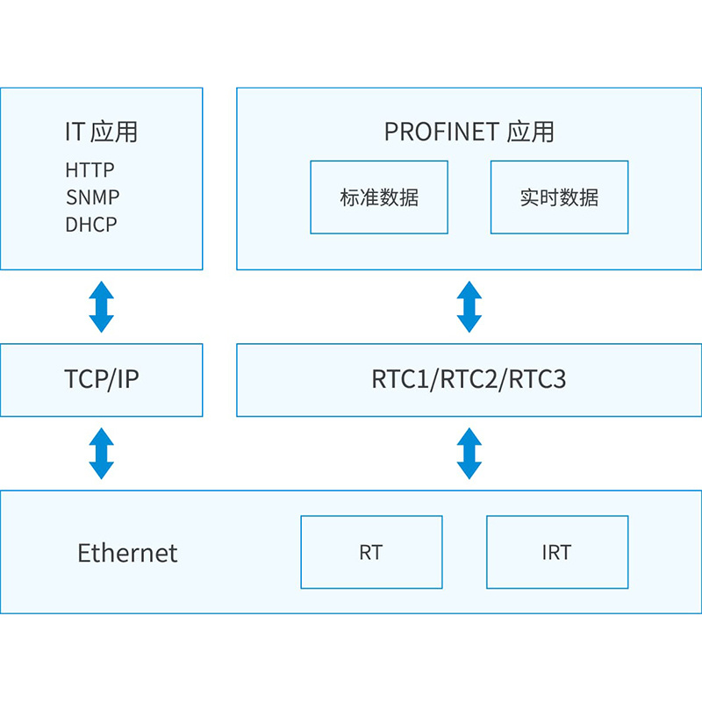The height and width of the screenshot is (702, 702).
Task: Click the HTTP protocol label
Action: click(90, 170)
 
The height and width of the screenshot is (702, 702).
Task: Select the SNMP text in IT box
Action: click(93, 197)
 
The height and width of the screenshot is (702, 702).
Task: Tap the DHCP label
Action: click(91, 225)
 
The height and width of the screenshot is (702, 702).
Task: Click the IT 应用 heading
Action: click(101, 132)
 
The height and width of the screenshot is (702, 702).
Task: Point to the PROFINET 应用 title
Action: click(469, 132)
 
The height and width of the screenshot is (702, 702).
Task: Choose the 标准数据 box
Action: click(379, 197)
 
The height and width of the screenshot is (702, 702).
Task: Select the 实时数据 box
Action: click(560, 197)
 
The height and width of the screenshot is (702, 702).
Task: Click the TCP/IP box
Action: click(102, 380)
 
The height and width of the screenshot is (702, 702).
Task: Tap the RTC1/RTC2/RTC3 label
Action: click(469, 379)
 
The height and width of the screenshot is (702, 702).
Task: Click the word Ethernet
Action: click(127, 553)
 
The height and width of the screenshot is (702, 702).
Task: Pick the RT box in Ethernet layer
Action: click(371, 552)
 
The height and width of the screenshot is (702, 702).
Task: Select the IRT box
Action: click(557, 552)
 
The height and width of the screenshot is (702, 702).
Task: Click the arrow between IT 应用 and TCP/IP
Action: click(102, 306)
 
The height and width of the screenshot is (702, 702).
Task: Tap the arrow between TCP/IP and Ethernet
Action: click(102, 454)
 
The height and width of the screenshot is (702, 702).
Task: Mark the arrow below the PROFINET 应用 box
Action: click(469, 306)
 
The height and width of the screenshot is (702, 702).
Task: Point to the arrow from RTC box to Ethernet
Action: click(469, 454)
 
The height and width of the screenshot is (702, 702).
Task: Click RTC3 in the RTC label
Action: click(537, 379)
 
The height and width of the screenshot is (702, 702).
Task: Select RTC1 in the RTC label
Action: click(400, 379)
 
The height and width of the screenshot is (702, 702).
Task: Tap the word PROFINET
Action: click(442, 132)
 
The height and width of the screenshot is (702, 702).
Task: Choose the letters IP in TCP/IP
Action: click(127, 379)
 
